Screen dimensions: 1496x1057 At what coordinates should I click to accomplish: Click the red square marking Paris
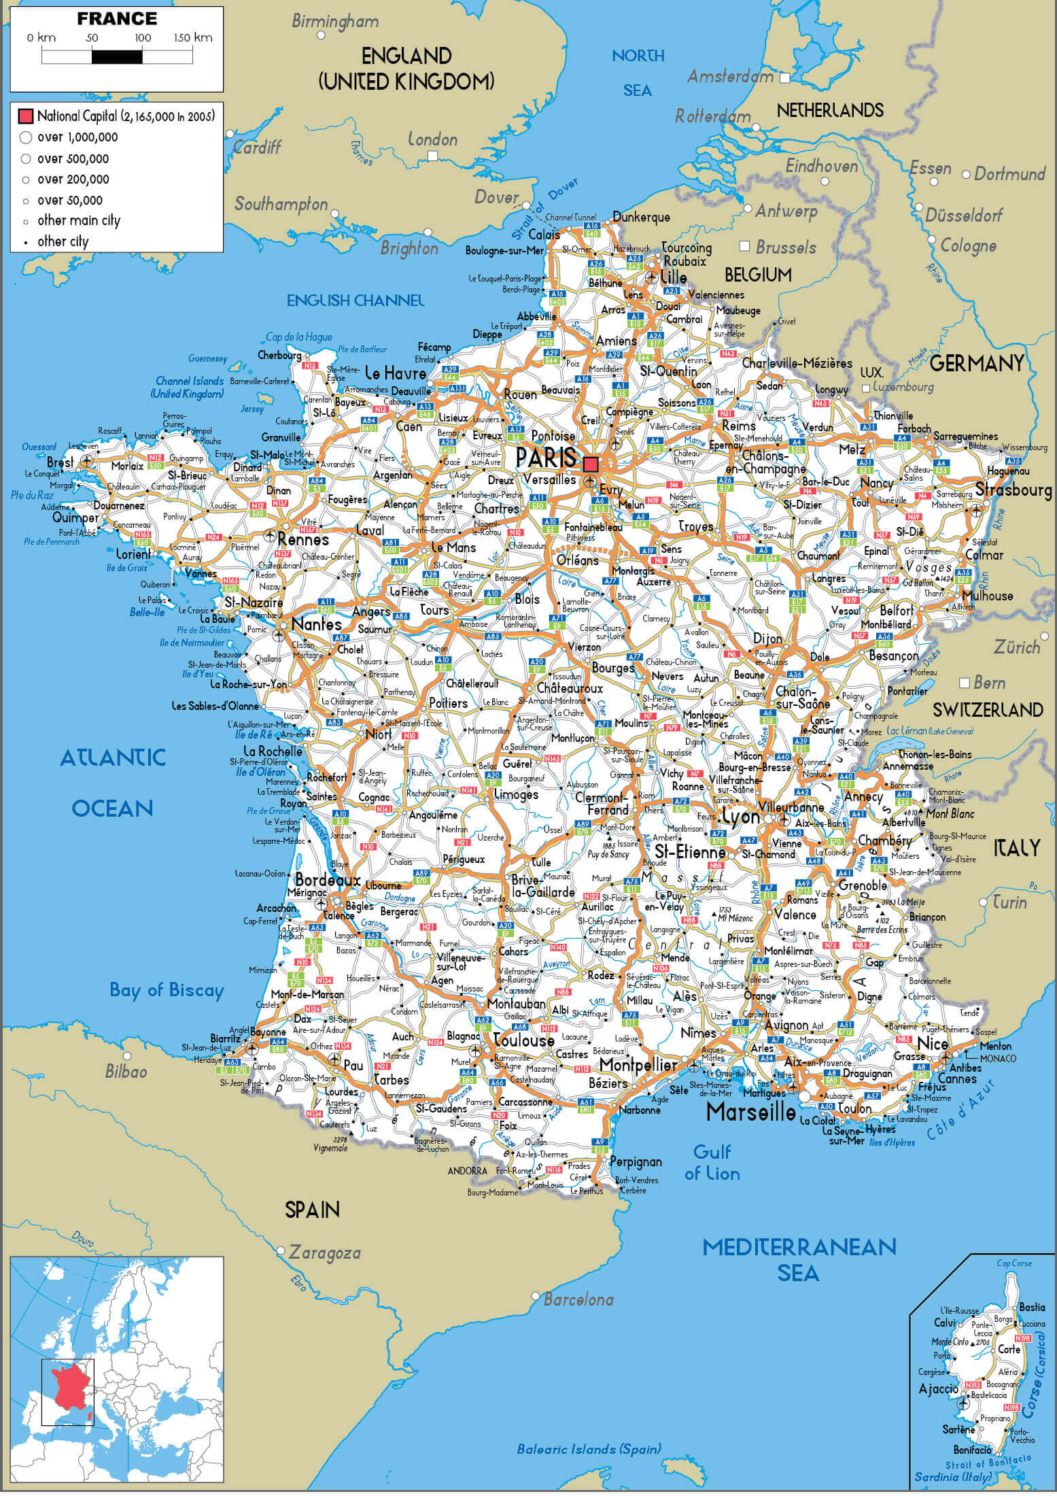[x=591, y=464]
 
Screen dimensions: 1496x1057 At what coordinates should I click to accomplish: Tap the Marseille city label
[x=750, y=1112]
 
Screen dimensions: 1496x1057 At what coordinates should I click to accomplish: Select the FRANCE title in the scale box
[x=117, y=18]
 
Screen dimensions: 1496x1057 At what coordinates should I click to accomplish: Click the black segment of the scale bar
[x=117, y=57]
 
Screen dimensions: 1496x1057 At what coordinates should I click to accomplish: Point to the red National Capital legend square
[x=26, y=116]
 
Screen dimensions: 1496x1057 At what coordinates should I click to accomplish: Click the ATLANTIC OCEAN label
[x=113, y=782]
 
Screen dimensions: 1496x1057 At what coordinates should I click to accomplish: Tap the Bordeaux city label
[x=328, y=879]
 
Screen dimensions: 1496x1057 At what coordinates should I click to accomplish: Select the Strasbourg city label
[x=1013, y=490]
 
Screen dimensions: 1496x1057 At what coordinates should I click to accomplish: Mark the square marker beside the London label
[x=432, y=156]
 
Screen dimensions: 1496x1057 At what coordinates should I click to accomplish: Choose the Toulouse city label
[x=524, y=1040]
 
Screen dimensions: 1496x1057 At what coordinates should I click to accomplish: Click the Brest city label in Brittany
[x=60, y=462]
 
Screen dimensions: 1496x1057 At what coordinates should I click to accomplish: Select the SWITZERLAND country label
[x=987, y=710]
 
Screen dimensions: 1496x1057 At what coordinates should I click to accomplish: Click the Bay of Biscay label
[x=167, y=990]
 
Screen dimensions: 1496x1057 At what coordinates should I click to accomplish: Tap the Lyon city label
[x=740, y=817]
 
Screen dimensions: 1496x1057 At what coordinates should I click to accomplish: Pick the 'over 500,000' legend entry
[x=73, y=158]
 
